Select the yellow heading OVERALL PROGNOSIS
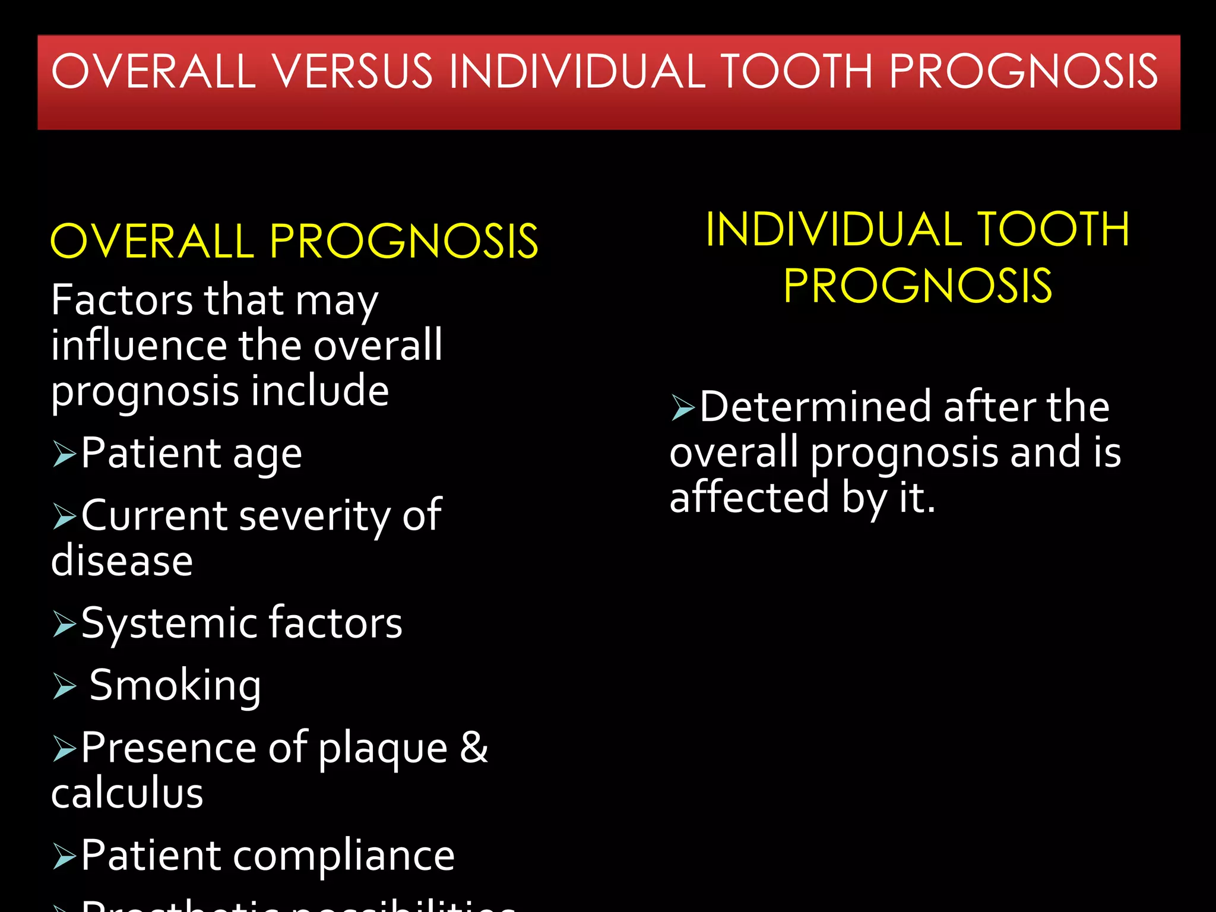(294, 241)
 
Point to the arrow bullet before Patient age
(64, 454)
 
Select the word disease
(122, 561)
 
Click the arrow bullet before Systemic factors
(64, 624)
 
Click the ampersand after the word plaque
(474, 748)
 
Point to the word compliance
(344, 857)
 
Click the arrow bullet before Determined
(683, 408)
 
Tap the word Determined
(816, 407)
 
